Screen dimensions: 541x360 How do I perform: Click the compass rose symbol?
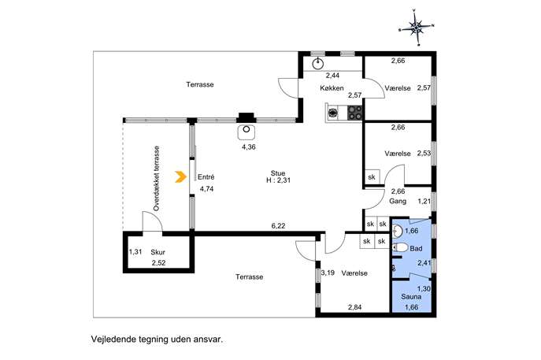pyautogui.click(x=416, y=27)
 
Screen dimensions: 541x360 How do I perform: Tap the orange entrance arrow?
pyautogui.click(x=181, y=176)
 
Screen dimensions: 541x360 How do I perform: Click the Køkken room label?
pyautogui.click(x=332, y=88)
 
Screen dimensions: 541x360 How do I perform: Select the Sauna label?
pyautogui.click(x=411, y=296)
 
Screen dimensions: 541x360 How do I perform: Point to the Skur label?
pyautogui.click(x=157, y=252)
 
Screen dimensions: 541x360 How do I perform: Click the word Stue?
pyautogui.click(x=278, y=173)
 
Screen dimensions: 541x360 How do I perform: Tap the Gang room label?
pyautogui.click(x=398, y=201)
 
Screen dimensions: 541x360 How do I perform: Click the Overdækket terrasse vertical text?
pyautogui.click(x=156, y=179)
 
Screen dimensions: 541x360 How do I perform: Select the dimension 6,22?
pyautogui.click(x=278, y=226)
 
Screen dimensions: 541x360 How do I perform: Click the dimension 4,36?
pyautogui.click(x=248, y=147)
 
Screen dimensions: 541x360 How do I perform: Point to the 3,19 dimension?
pyautogui.click(x=328, y=273)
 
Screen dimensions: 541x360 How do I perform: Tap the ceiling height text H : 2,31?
pyautogui.click(x=278, y=180)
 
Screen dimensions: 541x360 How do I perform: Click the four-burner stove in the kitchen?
pyautogui.click(x=355, y=113)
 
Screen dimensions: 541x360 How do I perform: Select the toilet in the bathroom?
pyautogui.click(x=400, y=247)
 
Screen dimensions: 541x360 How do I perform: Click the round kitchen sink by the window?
pyautogui.click(x=317, y=64)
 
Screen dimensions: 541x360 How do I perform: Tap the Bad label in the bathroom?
pyautogui.click(x=416, y=248)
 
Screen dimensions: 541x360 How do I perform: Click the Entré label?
pyautogui.click(x=206, y=177)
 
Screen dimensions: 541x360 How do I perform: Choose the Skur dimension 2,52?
pyautogui.click(x=159, y=263)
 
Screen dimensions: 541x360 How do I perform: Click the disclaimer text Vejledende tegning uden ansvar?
pyautogui.click(x=157, y=340)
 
